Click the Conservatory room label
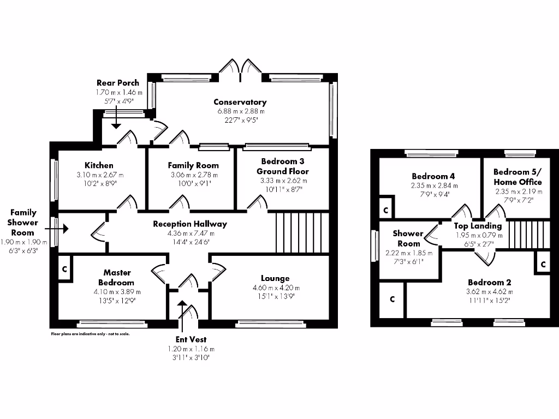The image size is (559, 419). point(240,102)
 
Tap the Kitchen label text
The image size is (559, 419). point(99,165)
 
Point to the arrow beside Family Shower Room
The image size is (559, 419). point(61,229)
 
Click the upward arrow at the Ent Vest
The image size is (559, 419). point(182,308)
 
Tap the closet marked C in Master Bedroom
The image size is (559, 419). point(64,269)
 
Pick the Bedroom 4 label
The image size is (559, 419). point(433,176)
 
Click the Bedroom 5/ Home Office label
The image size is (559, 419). point(517,176)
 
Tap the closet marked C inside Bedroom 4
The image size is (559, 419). point(385,210)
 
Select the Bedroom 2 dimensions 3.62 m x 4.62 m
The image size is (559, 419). point(489,291)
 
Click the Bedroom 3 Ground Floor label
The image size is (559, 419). point(282,166)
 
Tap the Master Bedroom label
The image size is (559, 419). point(116,278)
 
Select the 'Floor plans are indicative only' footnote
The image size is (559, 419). point(90,333)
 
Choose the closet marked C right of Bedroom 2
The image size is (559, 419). point(543,264)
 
